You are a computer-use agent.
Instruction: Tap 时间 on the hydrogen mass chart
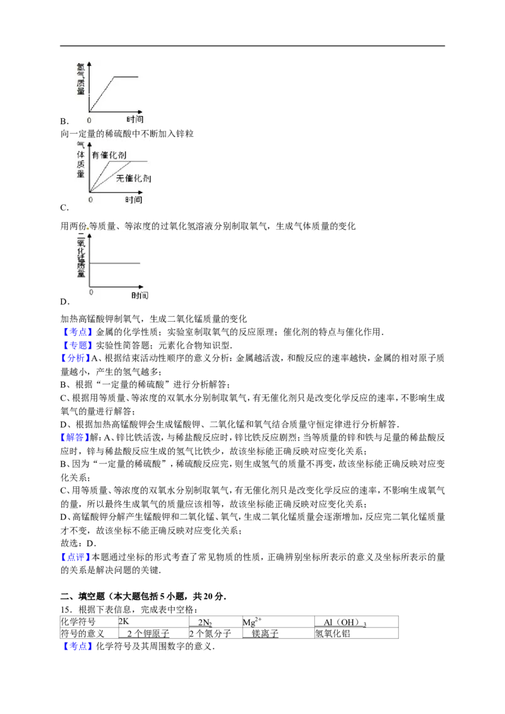point(134,119)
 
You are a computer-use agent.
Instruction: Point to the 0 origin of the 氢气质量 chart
point(89,119)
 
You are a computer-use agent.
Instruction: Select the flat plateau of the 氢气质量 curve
point(126,76)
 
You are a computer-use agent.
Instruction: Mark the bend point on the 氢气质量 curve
point(114,76)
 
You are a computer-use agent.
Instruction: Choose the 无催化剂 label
point(133,178)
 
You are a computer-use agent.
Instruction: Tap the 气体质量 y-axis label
point(80,161)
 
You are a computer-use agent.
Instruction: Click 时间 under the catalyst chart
point(133,199)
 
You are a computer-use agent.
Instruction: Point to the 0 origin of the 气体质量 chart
point(90,199)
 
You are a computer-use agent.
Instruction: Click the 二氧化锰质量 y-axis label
point(80,259)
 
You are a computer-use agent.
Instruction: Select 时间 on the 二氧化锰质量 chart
point(140,296)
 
